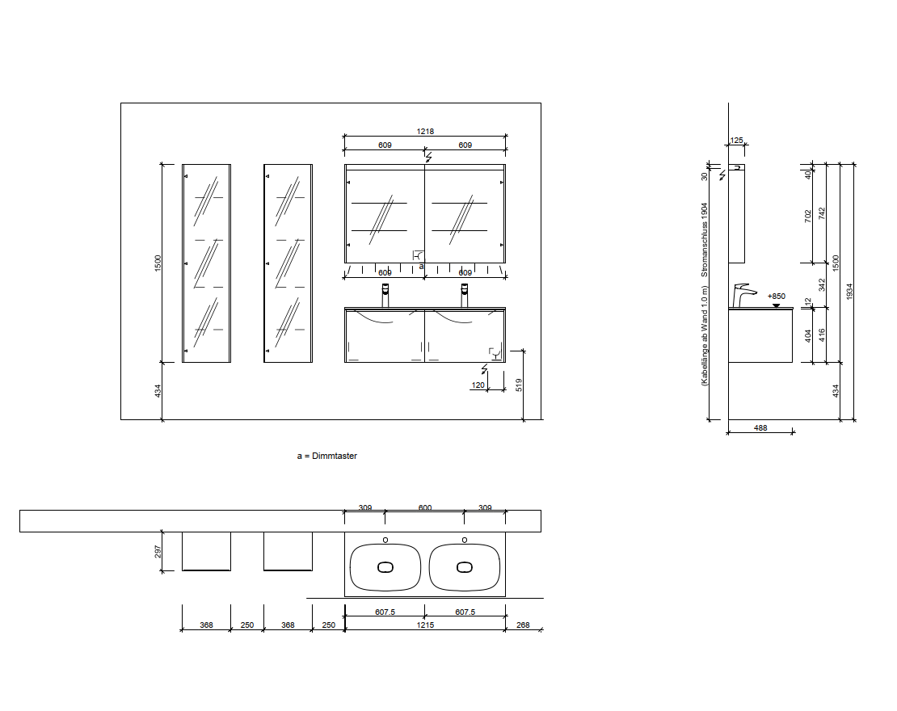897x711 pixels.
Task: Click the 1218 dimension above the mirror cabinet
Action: coord(425,132)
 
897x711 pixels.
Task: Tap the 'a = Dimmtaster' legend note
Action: coord(327,456)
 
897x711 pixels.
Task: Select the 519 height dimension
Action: coord(519,385)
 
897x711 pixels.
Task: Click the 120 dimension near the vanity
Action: coord(478,385)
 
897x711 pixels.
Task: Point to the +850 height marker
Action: coord(777,297)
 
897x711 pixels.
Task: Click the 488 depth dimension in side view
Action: coord(760,428)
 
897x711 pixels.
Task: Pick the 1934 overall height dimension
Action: coord(849,291)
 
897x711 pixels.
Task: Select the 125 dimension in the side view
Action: coord(737,140)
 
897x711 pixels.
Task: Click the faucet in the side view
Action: coord(743,295)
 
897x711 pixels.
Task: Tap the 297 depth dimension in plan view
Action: coord(158,551)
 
